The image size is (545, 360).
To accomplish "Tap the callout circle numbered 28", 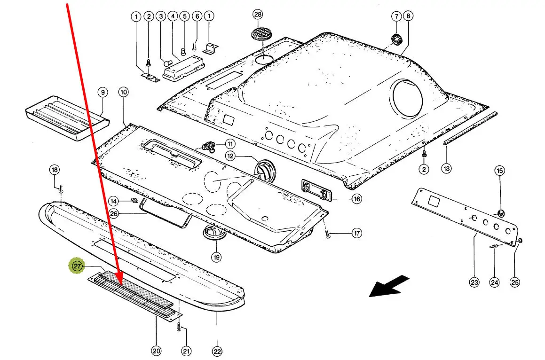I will click(258, 15).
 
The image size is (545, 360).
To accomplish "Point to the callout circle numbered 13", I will click(446, 168).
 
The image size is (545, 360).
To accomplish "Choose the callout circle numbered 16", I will click(357, 199).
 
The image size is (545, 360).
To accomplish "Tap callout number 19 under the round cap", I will click(216, 257).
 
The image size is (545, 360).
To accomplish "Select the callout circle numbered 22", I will click(217, 351).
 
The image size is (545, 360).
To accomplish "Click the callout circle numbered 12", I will click(230, 156).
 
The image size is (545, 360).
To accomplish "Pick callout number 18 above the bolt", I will click(55, 170).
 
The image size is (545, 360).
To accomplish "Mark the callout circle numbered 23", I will click(474, 282).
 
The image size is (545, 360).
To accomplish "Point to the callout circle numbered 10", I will click(123, 92).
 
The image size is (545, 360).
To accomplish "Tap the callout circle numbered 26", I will click(114, 214).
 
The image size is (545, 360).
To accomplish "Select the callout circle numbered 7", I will click(395, 16).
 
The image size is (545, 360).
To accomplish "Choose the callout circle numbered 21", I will click(187, 350).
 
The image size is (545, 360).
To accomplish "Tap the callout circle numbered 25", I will click(515, 282).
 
